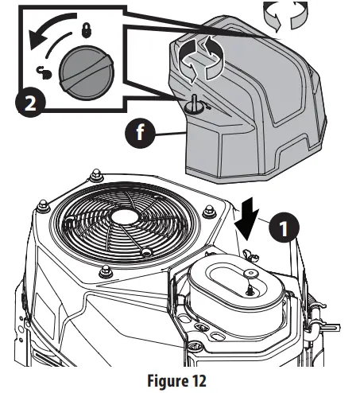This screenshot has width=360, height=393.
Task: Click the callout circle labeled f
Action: (x=140, y=133)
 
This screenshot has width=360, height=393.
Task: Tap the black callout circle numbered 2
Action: (x=30, y=103)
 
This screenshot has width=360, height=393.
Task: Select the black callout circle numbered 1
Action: (x=284, y=228)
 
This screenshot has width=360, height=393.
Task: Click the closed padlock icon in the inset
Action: (x=87, y=30)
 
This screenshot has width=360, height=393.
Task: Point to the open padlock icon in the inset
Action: (x=44, y=73)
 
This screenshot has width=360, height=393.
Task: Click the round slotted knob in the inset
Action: (x=87, y=72)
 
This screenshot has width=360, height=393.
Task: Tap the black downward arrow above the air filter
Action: (x=246, y=219)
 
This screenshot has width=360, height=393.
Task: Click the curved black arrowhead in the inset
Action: (x=37, y=40)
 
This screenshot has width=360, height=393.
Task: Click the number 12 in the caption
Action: (x=198, y=380)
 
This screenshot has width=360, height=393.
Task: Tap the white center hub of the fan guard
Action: (x=125, y=216)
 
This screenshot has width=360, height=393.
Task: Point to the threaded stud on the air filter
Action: (x=250, y=290)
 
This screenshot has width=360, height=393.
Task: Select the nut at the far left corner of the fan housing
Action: (x=44, y=205)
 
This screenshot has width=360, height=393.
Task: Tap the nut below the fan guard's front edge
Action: (x=106, y=271)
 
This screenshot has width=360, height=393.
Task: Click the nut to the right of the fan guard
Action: (x=209, y=212)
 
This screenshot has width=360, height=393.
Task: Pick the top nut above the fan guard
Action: (x=96, y=175)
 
